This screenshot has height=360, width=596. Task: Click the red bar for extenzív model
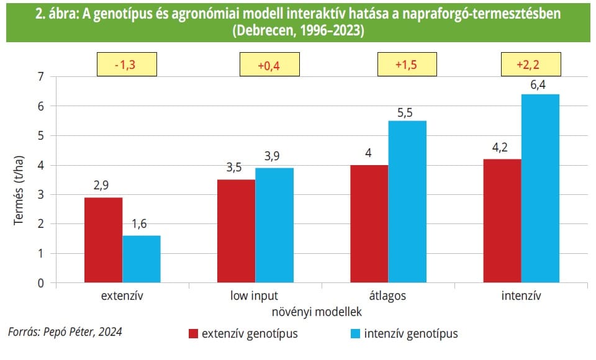point(103,240)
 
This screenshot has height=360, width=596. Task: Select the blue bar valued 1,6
point(142,259)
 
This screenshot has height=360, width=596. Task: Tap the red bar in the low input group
point(236,231)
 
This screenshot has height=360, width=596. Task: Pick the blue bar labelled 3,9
point(274,225)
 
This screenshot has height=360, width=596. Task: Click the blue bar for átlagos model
point(407,202)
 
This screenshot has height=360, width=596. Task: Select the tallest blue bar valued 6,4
point(540,188)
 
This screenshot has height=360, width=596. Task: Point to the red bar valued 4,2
point(502,220)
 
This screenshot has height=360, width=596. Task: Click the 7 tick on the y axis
point(42,77)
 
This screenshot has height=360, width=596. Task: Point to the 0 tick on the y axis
point(42,283)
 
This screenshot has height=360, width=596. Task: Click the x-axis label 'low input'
point(255,296)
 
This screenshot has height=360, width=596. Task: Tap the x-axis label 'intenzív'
point(520,296)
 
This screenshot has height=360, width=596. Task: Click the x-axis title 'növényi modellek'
point(317,310)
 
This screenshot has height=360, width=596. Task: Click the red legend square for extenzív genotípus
point(193,335)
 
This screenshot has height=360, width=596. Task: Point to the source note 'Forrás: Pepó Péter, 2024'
point(65,332)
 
